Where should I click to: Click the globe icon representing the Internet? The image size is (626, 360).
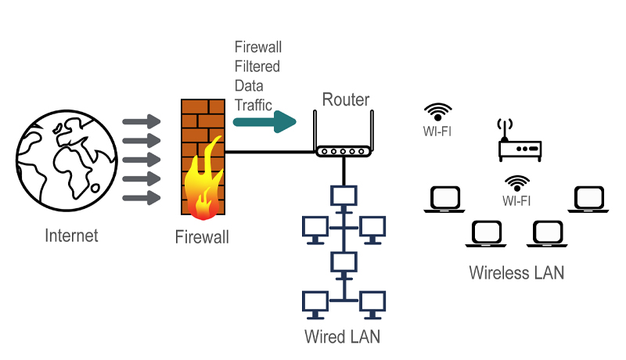tap(59, 161)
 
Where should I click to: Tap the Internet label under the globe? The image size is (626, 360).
tap(72, 236)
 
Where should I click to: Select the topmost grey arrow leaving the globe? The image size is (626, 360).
tap(141, 122)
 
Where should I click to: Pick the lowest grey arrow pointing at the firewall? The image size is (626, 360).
tap(141, 198)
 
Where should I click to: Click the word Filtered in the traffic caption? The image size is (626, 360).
tap(257, 67)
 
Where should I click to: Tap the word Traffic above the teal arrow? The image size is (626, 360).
tap(254, 103)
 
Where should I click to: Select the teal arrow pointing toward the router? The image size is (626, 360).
tap(265, 121)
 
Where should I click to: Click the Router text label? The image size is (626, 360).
tap(346, 99)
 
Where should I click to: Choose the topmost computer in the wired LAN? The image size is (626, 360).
tap(344, 196)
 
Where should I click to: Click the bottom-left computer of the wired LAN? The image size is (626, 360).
tap(315, 303)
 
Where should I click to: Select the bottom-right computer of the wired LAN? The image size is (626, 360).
tap(372, 303)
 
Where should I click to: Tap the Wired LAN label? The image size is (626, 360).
tap(342, 337)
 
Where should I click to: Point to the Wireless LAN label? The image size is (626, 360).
tap(516, 273)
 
